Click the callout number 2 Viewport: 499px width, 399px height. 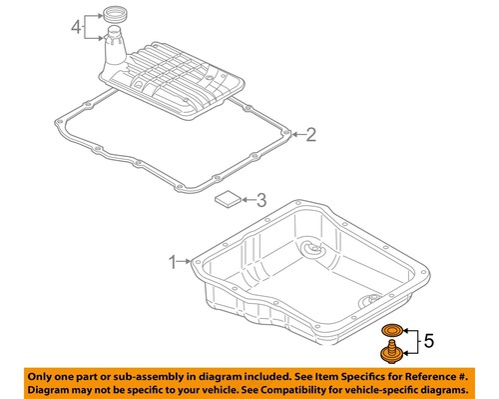pos(310,134)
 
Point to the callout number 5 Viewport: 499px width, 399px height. pos(429,342)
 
